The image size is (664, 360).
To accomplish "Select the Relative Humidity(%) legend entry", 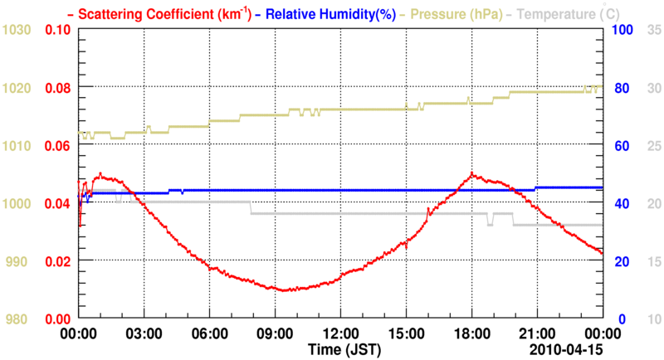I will click(x=324, y=13).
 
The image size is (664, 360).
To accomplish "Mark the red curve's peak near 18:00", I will click(x=471, y=173).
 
